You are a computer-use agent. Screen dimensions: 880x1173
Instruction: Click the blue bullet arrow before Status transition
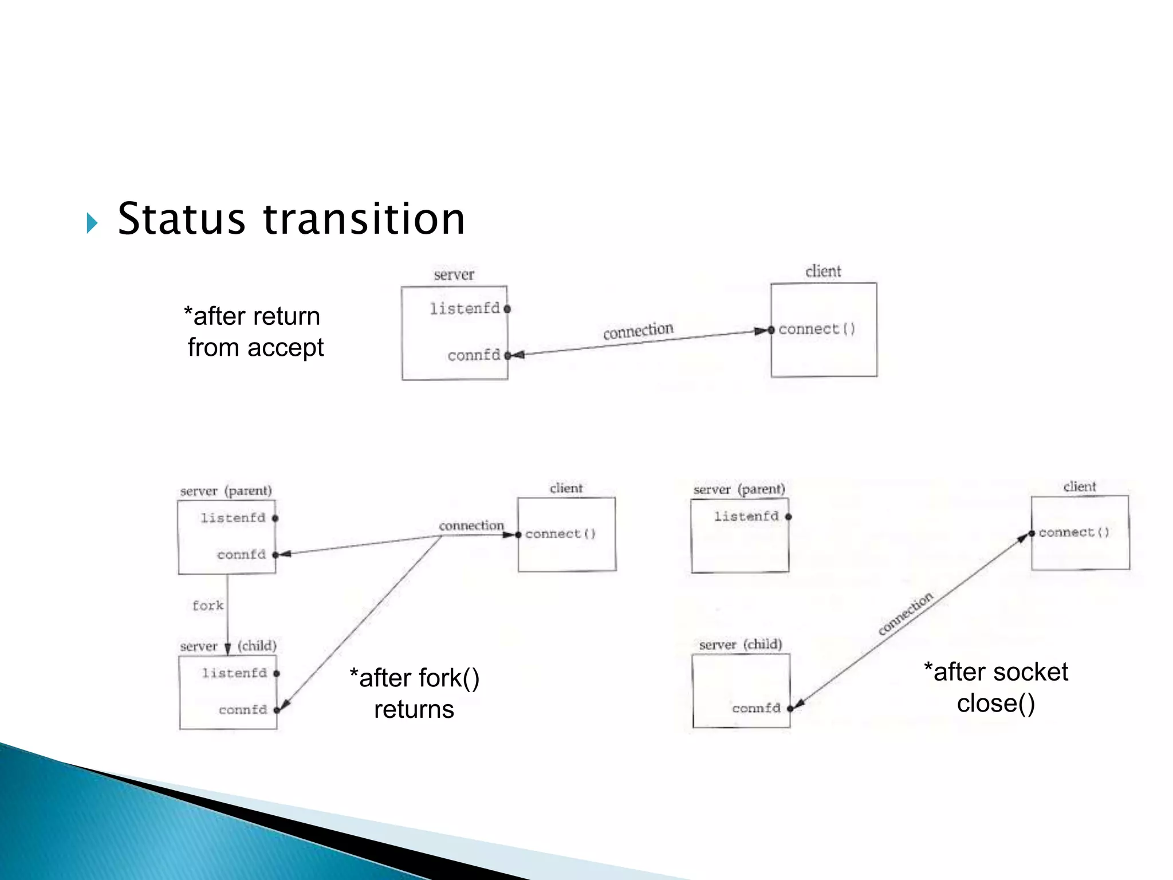pos(92,223)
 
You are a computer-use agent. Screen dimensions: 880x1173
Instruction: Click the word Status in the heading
pos(181,219)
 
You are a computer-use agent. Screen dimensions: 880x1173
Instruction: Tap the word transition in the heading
pos(364,219)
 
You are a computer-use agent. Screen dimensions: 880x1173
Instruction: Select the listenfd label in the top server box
pos(465,309)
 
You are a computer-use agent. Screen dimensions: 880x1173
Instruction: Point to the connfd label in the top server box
pos(474,355)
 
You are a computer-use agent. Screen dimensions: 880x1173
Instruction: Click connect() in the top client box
pos(817,329)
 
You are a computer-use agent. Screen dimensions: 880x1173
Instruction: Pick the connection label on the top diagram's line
pos(638,331)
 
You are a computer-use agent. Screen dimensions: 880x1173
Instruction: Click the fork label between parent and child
pos(207,606)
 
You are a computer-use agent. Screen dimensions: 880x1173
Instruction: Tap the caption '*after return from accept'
pos(254,332)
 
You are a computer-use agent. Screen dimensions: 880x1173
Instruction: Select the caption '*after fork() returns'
pos(414,693)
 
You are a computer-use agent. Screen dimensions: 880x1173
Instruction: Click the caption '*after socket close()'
pos(996,687)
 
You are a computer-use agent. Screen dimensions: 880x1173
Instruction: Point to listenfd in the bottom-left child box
pos(234,673)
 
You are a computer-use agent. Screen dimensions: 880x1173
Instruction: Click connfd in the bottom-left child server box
pos(243,710)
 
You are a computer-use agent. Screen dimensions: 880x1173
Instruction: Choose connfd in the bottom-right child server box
pos(756,708)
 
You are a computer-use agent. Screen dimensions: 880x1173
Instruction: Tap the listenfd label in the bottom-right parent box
pos(746,517)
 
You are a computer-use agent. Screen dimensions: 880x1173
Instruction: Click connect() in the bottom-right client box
pos(1074,533)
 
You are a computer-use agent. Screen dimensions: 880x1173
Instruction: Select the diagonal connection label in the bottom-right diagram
pos(906,614)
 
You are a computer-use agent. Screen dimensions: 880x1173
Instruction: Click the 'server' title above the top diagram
pos(454,275)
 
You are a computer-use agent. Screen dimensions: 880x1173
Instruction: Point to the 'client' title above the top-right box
pos(823,272)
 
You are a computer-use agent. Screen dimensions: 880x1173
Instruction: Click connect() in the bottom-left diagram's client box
pos(560,535)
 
